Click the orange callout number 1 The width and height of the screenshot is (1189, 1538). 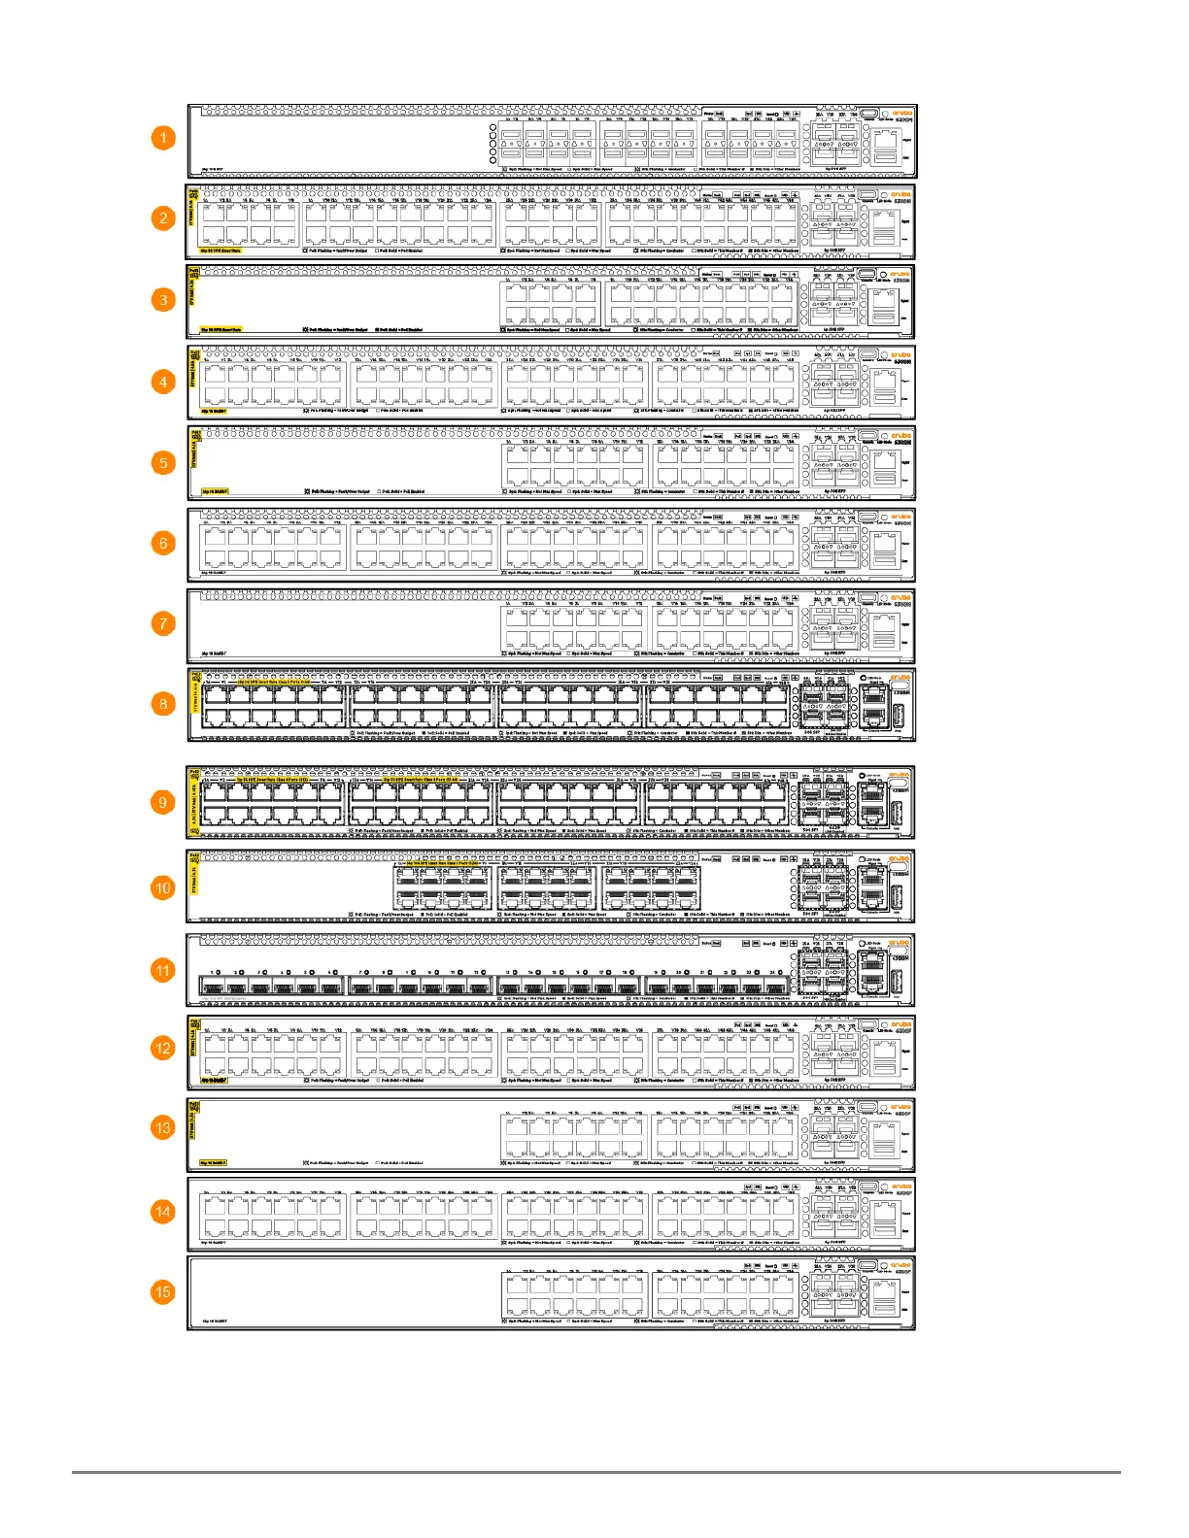click(x=163, y=138)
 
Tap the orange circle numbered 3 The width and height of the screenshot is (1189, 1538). click(x=163, y=300)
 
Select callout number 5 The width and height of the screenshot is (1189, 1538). click(x=163, y=462)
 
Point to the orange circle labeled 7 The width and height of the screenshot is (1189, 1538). click(x=163, y=623)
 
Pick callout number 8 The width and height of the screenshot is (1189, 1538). click(x=163, y=704)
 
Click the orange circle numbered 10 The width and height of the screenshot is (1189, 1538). click(x=163, y=887)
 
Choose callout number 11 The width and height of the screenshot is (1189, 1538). click(x=163, y=970)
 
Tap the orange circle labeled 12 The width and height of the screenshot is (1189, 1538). click(x=163, y=1049)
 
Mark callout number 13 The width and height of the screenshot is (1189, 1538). click(x=163, y=1128)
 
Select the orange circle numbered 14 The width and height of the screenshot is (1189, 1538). click(x=163, y=1212)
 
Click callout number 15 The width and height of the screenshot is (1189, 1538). click(x=163, y=1292)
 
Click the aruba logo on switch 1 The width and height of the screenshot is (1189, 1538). click(x=901, y=113)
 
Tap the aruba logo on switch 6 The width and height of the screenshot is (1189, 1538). click(x=901, y=517)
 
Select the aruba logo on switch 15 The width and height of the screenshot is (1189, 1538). click(x=901, y=1265)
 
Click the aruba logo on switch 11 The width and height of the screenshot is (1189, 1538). click(x=900, y=942)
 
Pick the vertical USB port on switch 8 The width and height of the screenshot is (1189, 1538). click(x=897, y=715)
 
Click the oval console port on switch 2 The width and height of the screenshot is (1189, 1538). click(x=866, y=194)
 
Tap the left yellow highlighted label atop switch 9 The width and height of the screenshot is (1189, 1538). click(x=272, y=780)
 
